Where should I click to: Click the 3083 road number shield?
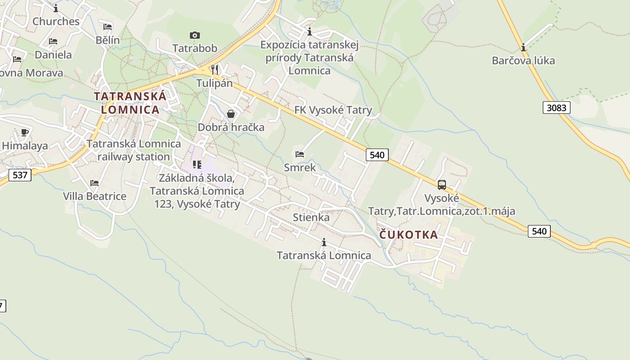click(557, 108)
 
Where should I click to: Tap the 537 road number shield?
click(20, 175)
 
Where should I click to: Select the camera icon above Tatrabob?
click(194, 35)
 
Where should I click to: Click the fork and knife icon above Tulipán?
click(215, 69)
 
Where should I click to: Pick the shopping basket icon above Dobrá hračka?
click(231, 114)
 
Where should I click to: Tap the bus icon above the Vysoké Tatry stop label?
click(441, 184)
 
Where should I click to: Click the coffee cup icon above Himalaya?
click(24, 132)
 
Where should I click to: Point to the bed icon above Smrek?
click(300, 154)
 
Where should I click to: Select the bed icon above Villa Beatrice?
click(94, 183)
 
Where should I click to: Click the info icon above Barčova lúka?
click(523, 47)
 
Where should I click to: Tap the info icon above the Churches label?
click(56, 8)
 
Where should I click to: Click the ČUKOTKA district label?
click(409, 234)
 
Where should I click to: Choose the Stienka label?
click(311, 217)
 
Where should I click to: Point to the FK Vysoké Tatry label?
click(333, 110)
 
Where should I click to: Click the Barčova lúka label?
click(523, 60)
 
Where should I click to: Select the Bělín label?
click(108, 40)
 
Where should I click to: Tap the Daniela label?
click(53, 55)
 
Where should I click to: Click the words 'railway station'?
click(134, 157)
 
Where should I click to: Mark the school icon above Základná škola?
click(197, 165)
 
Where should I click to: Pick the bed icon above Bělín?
click(107, 27)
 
